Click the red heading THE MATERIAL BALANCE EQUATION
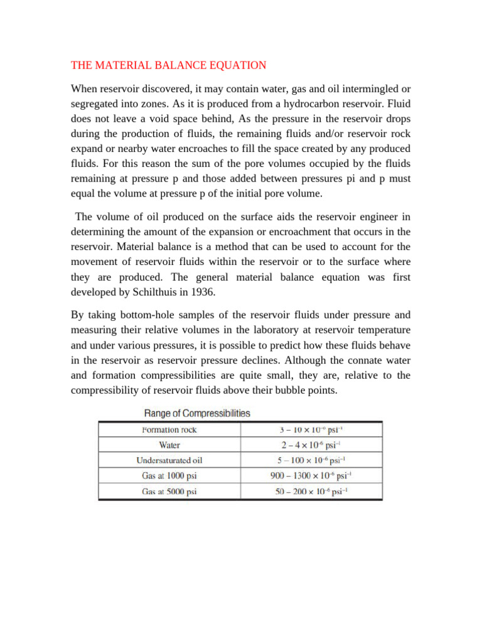point(169,65)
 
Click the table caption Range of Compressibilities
point(197,413)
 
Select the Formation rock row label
point(169,430)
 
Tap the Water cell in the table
point(169,445)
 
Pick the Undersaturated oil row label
point(169,460)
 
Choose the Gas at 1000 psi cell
point(169,476)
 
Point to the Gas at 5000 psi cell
point(169,491)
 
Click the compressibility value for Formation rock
point(311,430)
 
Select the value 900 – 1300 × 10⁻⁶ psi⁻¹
point(311,476)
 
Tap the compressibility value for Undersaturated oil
point(311,460)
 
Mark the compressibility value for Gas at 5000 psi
point(311,491)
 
